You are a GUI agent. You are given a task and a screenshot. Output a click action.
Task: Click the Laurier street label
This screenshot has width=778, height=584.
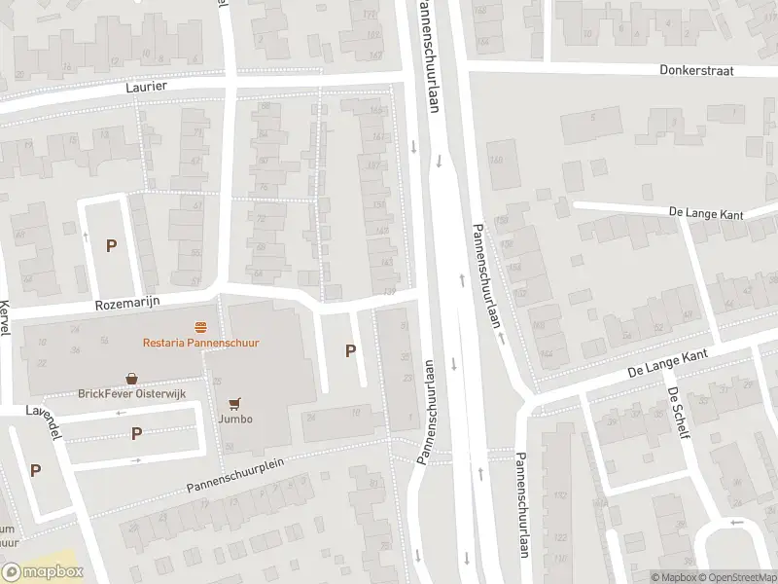click(147, 87)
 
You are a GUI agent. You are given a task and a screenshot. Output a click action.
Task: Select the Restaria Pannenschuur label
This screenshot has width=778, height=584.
click(200, 343)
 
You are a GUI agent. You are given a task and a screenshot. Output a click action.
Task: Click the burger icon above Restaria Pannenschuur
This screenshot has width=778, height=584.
click(200, 325)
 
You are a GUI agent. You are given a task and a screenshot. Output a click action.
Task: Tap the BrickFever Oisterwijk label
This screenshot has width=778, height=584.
click(131, 394)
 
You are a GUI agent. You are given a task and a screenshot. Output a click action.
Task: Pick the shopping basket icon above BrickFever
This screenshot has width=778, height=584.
click(131, 378)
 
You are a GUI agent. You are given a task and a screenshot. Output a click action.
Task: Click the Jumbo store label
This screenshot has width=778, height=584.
click(235, 420)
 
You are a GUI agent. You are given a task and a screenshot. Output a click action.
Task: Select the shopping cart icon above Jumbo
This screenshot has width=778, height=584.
click(234, 403)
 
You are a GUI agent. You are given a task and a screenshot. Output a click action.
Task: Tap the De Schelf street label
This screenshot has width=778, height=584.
click(678, 412)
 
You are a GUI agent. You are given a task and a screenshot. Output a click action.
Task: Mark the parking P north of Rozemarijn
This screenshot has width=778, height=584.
click(111, 246)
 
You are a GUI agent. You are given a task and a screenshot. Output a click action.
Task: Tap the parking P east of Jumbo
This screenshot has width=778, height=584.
click(350, 351)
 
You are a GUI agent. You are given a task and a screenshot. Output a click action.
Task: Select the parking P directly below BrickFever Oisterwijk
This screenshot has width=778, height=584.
click(137, 433)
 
